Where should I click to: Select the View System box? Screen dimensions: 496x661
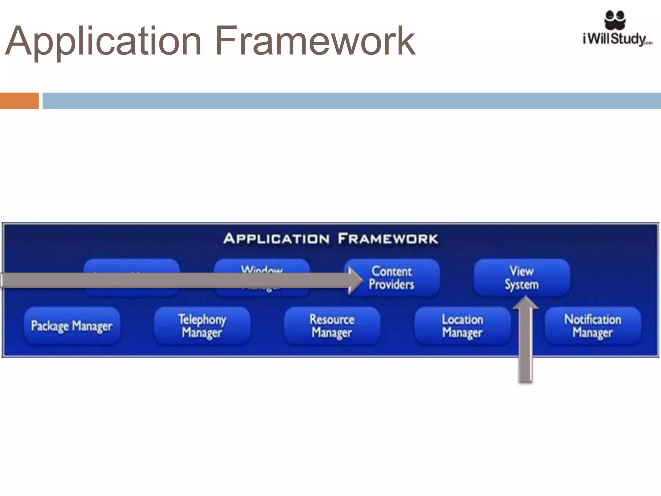click(x=522, y=278)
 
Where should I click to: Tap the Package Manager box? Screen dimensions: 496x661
click(x=72, y=326)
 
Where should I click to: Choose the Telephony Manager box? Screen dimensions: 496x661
click(x=202, y=326)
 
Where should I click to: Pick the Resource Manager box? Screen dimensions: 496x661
click(x=332, y=326)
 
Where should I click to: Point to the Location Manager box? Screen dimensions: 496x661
click(x=462, y=326)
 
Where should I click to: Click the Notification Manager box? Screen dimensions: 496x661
click(x=593, y=326)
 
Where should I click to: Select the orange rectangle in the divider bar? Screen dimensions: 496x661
click(x=19, y=101)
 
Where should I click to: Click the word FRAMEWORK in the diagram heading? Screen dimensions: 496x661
click(x=388, y=239)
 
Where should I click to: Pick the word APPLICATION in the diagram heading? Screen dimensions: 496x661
click(x=276, y=239)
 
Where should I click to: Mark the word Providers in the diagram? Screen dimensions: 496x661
click(x=392, y=284)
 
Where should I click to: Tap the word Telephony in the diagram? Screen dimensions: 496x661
click(x=202, y=319)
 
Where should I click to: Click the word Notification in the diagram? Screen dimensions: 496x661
click(x=593, y=319)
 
